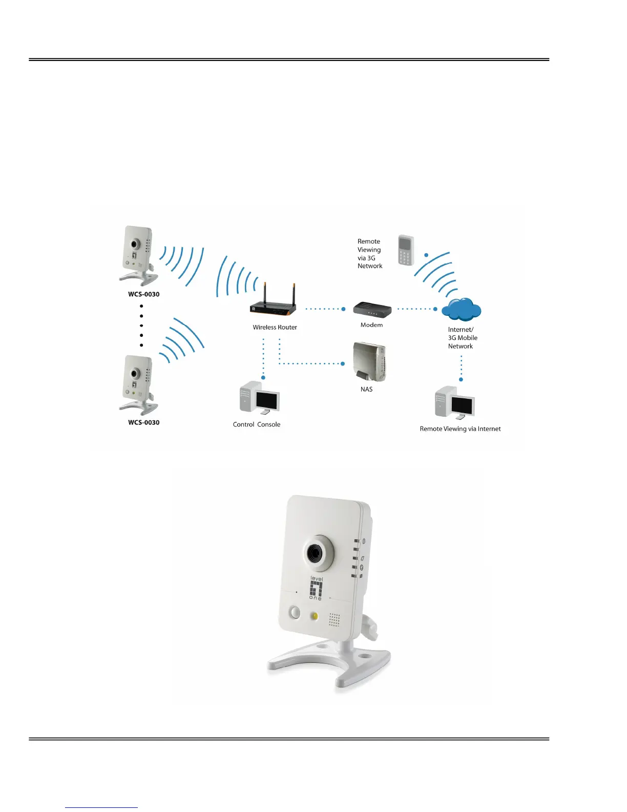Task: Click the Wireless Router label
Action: pyautogui.click(x=275, y=327)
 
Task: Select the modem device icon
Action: pyautogui.click(x=372, y=310)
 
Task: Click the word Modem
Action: pyautogui.click(x=371, y=325)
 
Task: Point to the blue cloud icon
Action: pyautogui.click(x=461, y=309)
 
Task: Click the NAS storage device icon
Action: pyautogui.click(x=369, y=362)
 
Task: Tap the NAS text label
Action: pyautogui.click(x=366, y=390)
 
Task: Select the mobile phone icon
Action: pyautogui.click(x=406, y=250)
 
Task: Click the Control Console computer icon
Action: pyautogui.click(x=259, y=398)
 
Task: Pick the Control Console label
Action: pyautogui.click(x=257, y=424)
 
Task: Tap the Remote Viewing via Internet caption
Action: pyautogui.click(x=460, y=429)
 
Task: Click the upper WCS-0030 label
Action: pyautogui.click(x=143, y=294)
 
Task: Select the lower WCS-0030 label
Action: pyautogui.click(x=143, y=422)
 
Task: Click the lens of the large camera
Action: pyautogui.click(x=314, y=553)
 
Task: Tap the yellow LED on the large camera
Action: pyautogui.click(x=315, y=616)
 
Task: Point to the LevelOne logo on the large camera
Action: pyautogui.click(x=316, y=588)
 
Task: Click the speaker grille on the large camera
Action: pyautogui.click(x=335, y=620)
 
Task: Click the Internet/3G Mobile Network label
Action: pyautogui.click(x=463, y=338)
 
